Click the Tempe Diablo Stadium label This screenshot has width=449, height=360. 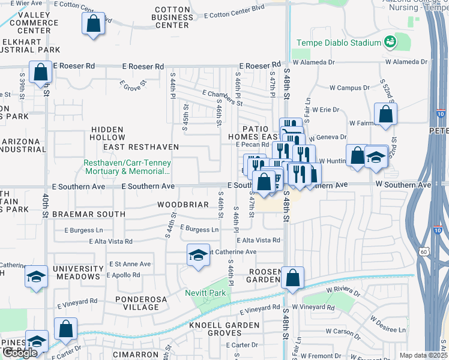click(x=339, y=43)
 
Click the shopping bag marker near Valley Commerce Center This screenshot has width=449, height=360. click(x=93, y=25)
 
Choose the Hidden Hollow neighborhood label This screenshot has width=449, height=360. click(x=107, y=133)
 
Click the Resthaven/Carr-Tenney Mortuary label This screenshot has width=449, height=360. click(x=127, y=167)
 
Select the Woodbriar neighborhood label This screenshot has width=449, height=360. click(x=182, y=205)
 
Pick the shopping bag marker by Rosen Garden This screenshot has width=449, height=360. click(x=292, y=278)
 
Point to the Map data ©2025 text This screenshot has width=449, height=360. click(x=423, y=355)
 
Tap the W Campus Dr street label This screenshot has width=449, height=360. click(x=349, y=88)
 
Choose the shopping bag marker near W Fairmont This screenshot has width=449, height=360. click(x=385, y=115)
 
